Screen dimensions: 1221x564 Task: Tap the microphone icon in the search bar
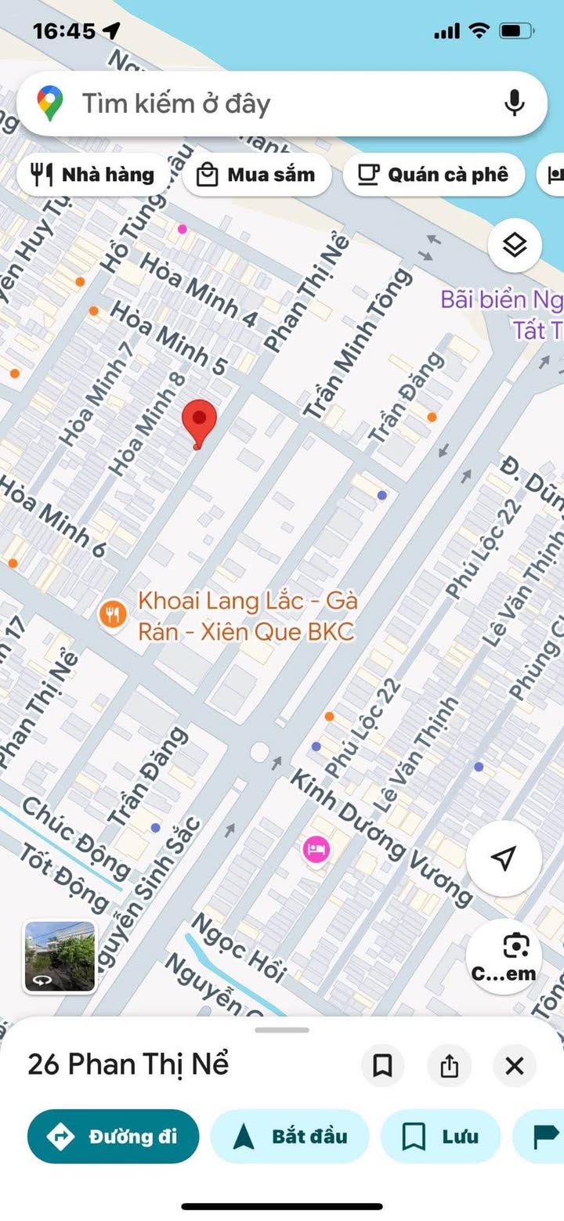pos(514,103)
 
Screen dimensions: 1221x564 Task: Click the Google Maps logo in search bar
pos(49,103)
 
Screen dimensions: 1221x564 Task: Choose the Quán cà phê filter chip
pos(433,175)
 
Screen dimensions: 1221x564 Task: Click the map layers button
pos(515,246)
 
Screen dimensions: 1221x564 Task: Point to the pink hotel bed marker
pos(316,849)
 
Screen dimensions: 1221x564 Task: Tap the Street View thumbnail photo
pos(60,956)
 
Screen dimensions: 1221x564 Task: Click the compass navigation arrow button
pos(504,858)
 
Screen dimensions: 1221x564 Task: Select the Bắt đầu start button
pos(290,1136)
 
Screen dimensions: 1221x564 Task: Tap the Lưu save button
pos(440,1136)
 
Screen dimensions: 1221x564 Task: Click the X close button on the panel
pos(515,1066)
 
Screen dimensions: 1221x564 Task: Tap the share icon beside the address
pos(449,1066)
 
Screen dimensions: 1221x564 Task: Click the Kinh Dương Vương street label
pos(381,836)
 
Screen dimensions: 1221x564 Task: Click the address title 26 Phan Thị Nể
pos(128,1064)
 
